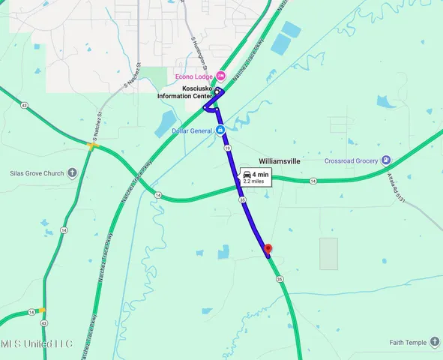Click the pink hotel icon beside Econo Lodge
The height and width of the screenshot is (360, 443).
220,76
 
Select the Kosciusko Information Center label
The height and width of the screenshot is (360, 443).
184,91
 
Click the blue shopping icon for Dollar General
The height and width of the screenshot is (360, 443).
221,130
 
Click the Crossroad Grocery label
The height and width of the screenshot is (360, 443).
350,160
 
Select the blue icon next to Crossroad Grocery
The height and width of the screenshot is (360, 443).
385,160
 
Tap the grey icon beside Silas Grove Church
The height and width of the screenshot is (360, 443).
72,173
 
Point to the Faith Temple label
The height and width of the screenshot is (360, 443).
407,343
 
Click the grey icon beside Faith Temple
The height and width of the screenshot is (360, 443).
435,343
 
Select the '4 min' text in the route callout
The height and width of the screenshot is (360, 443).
260,175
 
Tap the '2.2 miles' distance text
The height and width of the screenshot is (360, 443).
253,181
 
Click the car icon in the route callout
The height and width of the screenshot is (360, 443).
247,175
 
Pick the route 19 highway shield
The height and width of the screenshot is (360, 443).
226,150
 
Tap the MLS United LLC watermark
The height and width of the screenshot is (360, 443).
36,343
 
